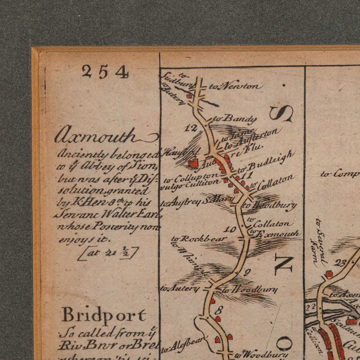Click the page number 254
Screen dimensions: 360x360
(105, 72)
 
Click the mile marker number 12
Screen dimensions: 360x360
(193, 127)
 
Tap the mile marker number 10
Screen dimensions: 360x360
(230, 229)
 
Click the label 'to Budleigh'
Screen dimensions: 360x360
(266, 162)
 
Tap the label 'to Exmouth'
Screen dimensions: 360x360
(275, 234)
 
